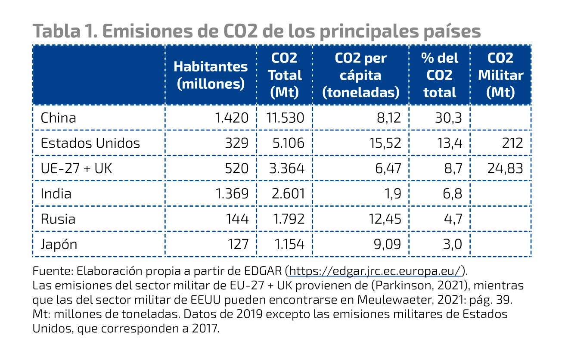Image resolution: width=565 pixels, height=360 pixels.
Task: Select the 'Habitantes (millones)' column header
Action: tap(211, 75)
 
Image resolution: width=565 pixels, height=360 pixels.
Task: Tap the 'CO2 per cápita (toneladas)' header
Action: tap(361, 75)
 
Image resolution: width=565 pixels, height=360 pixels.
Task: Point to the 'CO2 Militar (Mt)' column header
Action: tap(500, 75)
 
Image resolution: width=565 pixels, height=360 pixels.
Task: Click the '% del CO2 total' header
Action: tap(439, 75)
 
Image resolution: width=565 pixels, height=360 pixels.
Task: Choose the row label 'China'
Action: tap(58, 118)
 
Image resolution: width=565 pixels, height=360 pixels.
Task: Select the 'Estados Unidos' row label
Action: tap(90, 143)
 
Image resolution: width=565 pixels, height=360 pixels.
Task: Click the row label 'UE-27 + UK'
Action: tap(76, 168)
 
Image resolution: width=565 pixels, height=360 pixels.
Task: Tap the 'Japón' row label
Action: tap(59, 245)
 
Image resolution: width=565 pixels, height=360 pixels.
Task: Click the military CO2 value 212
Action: tap(512, 143)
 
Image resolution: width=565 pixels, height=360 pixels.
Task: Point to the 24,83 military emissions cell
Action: tap(505, 168)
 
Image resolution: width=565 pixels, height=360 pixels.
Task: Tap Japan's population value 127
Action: tap(238, 245)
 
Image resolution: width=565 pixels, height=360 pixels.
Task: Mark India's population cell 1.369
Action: tap(232, 194)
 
